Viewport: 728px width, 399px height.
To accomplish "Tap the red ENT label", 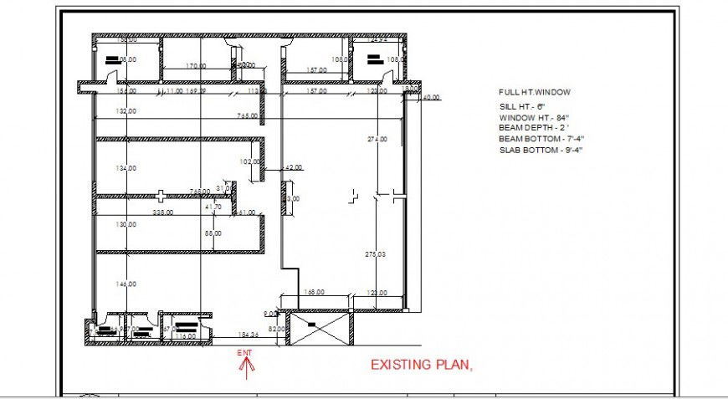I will coord(244,354).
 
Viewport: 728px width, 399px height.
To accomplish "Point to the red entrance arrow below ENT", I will coord(244,369).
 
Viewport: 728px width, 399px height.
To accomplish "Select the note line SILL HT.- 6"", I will coord(522,107).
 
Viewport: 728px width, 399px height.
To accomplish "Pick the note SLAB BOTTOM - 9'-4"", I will coord(541,151).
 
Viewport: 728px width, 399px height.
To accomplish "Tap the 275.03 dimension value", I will coord(376,253).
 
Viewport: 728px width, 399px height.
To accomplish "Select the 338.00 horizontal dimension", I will coord(162,212).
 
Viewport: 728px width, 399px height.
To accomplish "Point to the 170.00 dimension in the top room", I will coord(196,66).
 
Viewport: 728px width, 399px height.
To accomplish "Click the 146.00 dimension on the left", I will coord(126,284).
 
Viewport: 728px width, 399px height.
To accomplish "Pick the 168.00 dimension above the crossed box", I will coord(314,293).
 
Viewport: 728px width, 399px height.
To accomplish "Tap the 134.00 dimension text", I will coord(126,169).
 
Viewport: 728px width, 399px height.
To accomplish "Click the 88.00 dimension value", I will coord(213,234).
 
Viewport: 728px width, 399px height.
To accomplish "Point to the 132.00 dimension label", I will coord(126,111).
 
